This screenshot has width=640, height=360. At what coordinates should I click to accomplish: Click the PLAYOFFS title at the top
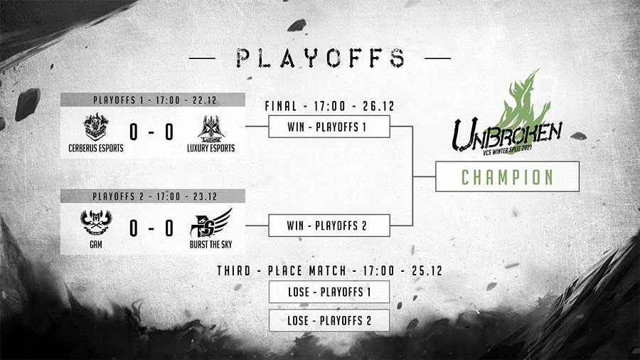321,58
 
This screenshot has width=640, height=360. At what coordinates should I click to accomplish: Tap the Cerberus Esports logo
96,127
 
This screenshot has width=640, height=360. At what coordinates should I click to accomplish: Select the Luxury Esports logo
211,128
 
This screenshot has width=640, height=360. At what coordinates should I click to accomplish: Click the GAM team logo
96,223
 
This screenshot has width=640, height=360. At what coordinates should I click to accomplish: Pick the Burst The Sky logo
211,223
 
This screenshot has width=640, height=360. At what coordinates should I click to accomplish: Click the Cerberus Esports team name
96,148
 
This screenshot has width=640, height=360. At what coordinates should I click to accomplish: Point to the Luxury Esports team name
211,148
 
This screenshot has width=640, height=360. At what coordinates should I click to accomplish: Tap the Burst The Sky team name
210,245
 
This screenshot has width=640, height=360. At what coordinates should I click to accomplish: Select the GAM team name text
96,245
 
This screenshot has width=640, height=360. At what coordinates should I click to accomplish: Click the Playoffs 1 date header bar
153,100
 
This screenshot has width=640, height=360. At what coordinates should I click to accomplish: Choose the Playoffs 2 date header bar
153,196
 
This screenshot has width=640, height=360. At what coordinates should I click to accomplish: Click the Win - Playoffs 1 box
329,127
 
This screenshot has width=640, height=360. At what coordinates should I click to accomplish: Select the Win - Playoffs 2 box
329,226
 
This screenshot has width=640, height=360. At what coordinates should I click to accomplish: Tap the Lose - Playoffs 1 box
329,292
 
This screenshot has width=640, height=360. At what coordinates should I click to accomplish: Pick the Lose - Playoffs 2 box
329,320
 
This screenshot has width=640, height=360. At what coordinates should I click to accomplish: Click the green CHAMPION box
507,176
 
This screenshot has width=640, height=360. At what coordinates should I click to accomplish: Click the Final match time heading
329,106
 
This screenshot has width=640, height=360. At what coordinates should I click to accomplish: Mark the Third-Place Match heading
329,270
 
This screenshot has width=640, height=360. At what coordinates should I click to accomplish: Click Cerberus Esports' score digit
134,132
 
